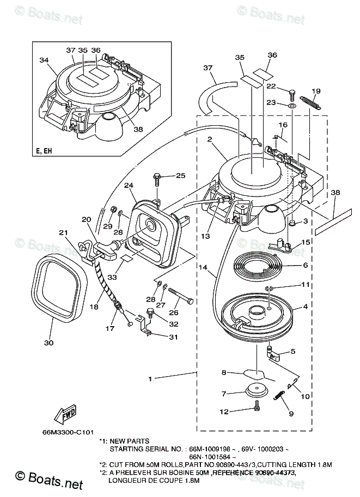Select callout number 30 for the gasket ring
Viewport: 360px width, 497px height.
49,343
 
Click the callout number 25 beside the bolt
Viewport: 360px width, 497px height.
180,175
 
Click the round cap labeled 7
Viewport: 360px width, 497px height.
256,391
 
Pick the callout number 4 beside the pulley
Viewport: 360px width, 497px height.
305,307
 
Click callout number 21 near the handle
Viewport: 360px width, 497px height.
64,233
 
